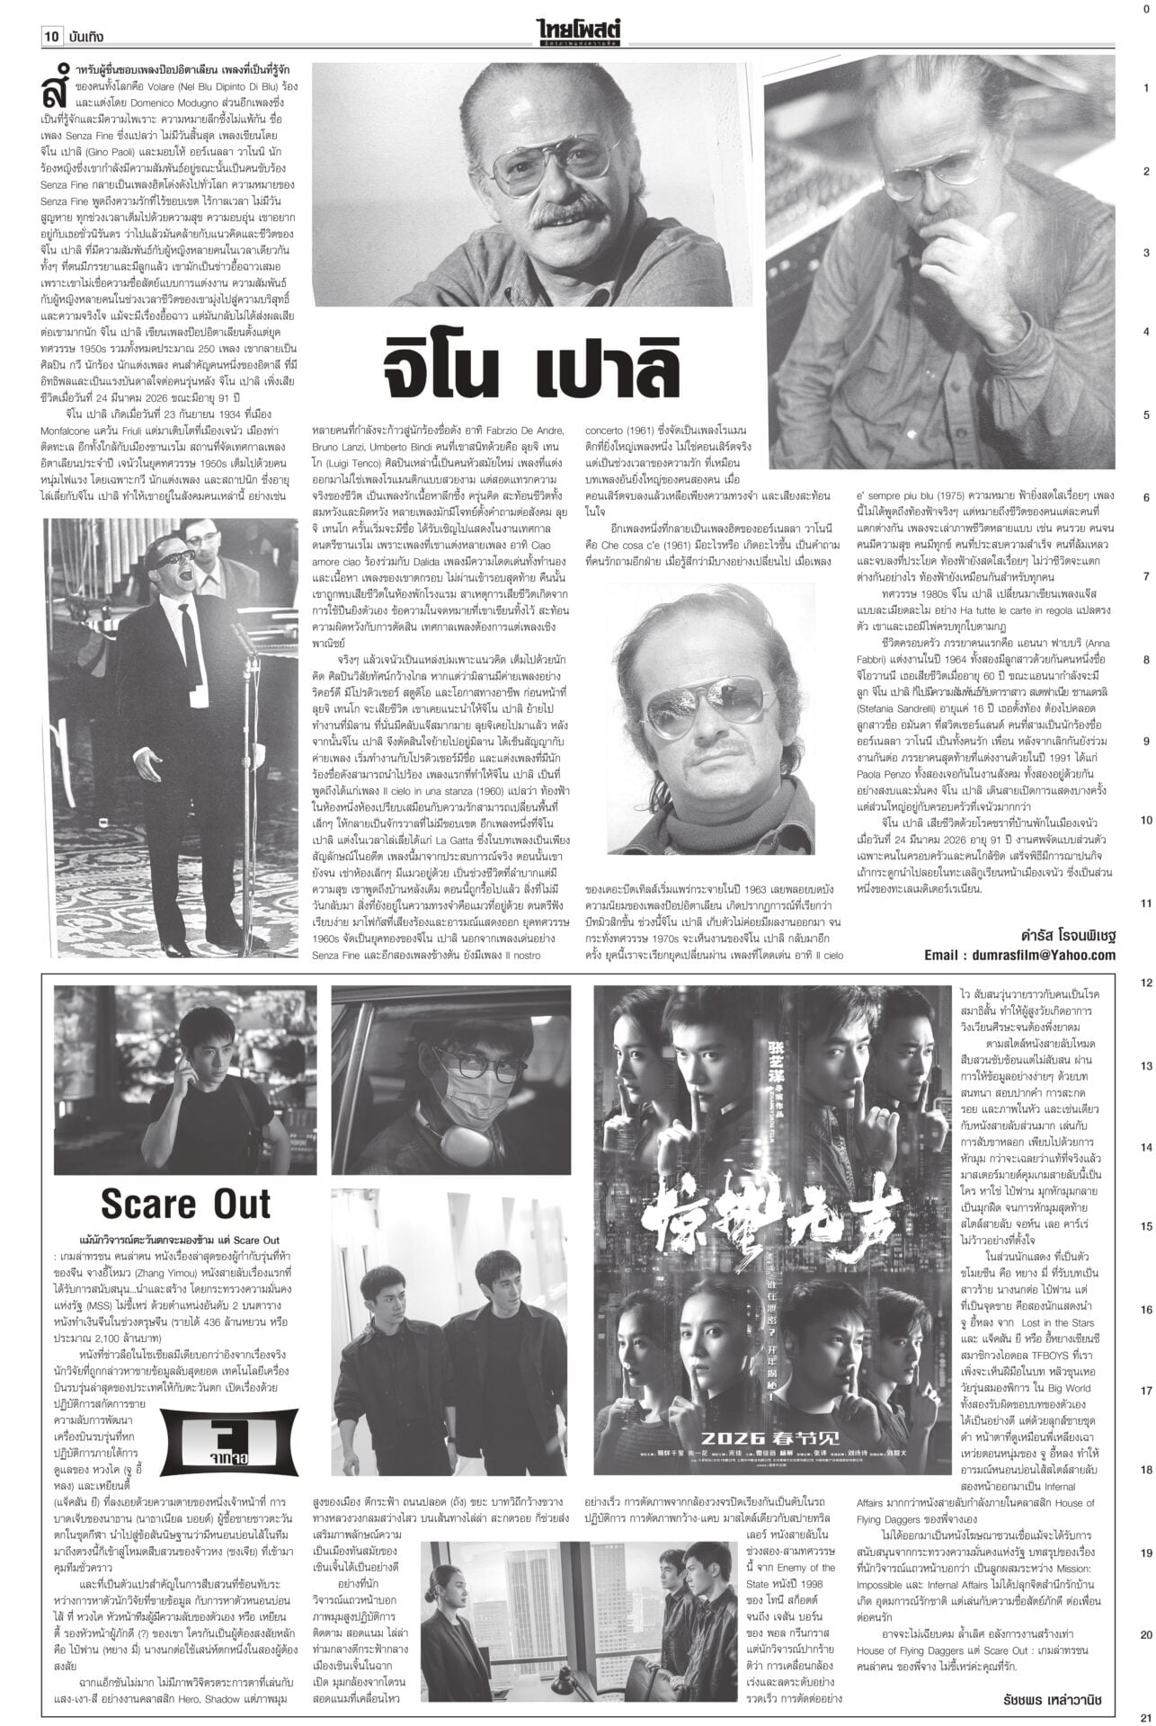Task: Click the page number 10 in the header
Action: (x=50, y=37)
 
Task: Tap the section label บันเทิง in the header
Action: (x=86, y=37)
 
